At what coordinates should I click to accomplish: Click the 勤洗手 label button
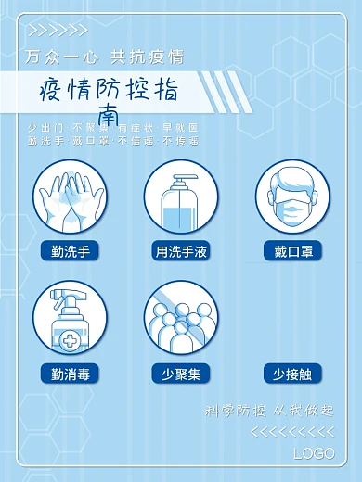[70, 250]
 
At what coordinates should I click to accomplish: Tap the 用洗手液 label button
[181, 250]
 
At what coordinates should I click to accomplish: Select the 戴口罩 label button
[292, 250]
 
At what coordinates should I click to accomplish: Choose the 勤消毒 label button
[70, 374]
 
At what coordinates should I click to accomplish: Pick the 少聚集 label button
[181, 374]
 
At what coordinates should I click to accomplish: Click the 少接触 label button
[292, 374]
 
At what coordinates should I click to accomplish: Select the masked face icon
[292, 197]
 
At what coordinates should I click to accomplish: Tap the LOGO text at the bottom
[314, 453]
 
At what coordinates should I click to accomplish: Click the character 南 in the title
[108, 115]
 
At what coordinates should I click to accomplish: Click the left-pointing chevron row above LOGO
[293, 432]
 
